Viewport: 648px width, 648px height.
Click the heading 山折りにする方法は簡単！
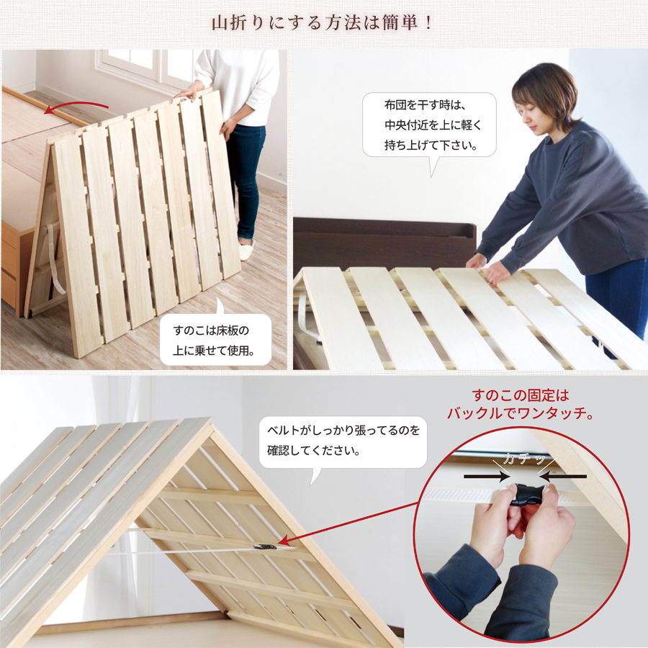(323, 23)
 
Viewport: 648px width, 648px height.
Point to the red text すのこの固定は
(521, 395)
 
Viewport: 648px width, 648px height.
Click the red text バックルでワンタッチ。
(521, 414)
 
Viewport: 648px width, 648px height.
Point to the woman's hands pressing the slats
(487, 266)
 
